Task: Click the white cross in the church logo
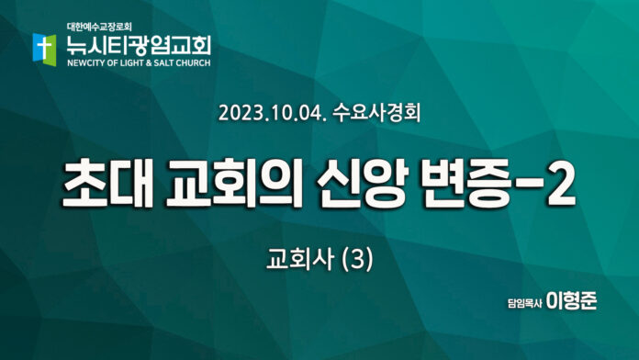click(x=43, y=48)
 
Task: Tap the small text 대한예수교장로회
click(x=99, y=28)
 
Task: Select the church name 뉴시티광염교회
click(x=139, y=45)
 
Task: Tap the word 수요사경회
click(x=376, y=113)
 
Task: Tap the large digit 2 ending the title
click(x=560, y=184)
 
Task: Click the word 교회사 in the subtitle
click(x=300, y=259)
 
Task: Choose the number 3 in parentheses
click(x=357, y=260)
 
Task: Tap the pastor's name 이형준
click(x=571, y=301)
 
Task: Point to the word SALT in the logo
click(x=163, y=63)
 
